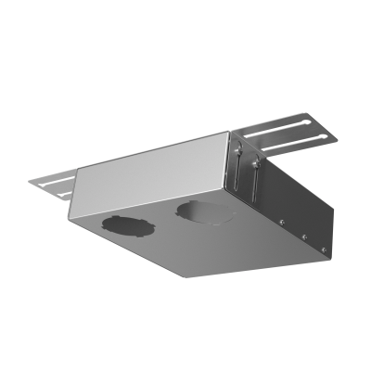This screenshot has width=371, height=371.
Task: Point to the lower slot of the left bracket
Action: pos(54,188)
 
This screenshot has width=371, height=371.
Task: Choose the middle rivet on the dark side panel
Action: pos(303,236)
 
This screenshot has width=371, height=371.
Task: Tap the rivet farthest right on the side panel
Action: pos(322,249)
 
